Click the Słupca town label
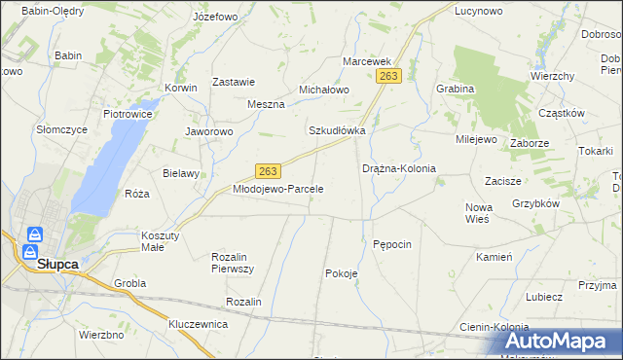tap(56, 264)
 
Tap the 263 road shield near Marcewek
tap(390, 76)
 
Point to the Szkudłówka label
tap(337, 130)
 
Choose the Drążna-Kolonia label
tap(399, 168)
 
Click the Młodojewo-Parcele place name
tap(277, 189)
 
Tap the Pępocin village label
tap(393, 243)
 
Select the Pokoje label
tap(342, 273)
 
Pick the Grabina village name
tap(456, 89)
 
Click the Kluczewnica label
tap(198, 323)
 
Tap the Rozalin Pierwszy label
tap(233, 262)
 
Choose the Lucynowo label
tap(478, 13)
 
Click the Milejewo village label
tap(476, 139)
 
